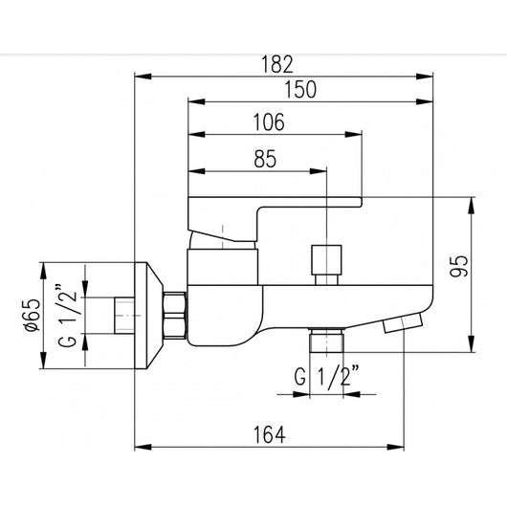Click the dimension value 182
click(x=276, y=64)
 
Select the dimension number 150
click(x=300, y=90)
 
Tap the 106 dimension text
click(x=269, y=122)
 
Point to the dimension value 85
click(x=265, y=159)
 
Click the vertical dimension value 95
click(x=458, y=266)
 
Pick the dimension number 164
click(x=270, y=435)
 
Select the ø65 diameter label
click(x=33, y=315)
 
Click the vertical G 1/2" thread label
click(x=67, y=316)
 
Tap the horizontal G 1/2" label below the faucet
click(x=327, y=375)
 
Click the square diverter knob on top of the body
click(x=326, y=259)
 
